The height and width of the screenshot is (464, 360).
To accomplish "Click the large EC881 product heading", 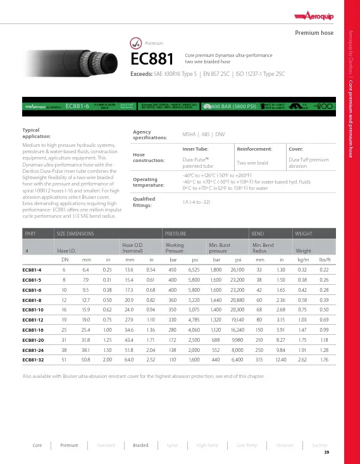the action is coord(151,59).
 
